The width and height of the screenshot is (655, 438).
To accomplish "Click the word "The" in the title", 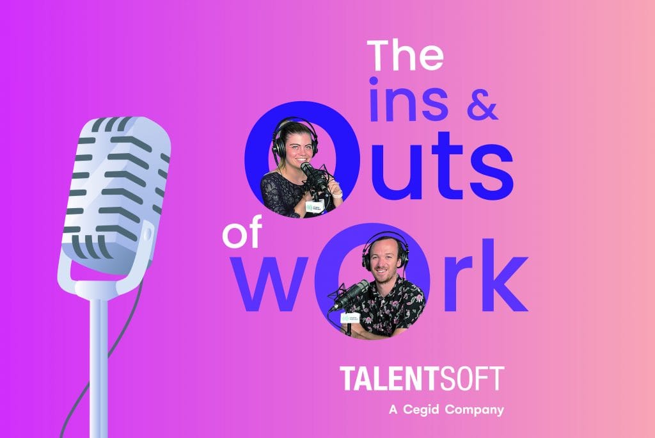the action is pyautogui.click(x=405, y=56).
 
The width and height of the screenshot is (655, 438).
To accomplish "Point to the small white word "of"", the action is pyautogui.click(x=242, y=232).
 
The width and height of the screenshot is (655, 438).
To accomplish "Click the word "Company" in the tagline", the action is pyautogui.click(x=474, y=410).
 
